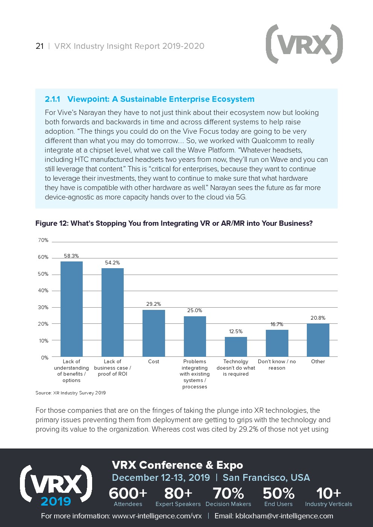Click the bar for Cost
(153, 333)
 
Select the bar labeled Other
(318, 340)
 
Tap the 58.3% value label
(71, 256)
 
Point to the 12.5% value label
(236, 331)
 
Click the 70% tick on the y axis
(43, 240)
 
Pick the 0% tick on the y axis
(45, 358)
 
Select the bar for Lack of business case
(112, 312)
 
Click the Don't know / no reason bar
(277, 343)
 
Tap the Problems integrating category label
(195, 374)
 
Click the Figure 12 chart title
(174, 223)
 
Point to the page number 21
(39, 46)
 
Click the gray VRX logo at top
(304, 44)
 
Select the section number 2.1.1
(52, 99)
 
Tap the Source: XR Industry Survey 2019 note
(71, 393)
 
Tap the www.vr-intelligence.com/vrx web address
(157, 516)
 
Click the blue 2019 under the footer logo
(56, 501)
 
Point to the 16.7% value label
(277, 324)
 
